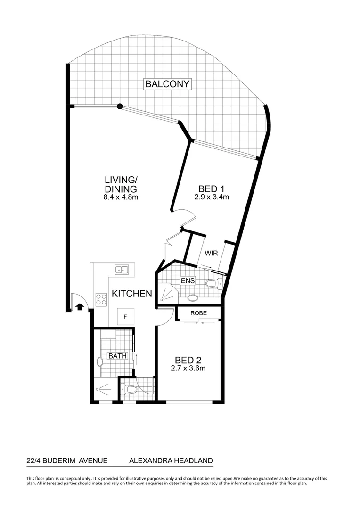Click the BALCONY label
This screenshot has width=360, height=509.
[x=167, y=84]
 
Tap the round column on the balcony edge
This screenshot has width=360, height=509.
[x=120, y=107]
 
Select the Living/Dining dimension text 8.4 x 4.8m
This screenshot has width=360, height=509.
[x=121, y=197]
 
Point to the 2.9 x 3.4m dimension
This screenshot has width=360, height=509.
[x=211, y=197]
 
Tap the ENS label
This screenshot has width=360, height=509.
[x=188, y=281]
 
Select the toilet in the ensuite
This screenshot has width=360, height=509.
[x=213, y=283]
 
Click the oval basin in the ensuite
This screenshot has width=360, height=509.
[x=193, y=297]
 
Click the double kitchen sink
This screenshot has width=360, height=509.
[x=122, y=270]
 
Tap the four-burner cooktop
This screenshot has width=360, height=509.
[x=101, y=297]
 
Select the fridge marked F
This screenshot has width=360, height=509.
[x=125, y=316]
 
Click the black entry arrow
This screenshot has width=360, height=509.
[x=79, y=308]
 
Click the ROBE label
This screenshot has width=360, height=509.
[x=198, y=313]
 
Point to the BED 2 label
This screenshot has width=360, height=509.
[x=188, y=360]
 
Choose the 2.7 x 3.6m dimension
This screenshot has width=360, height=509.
[x=188, y=368]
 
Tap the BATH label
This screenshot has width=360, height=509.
[x=117, y=356]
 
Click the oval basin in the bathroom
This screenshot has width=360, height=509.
[x=99, y=362]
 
